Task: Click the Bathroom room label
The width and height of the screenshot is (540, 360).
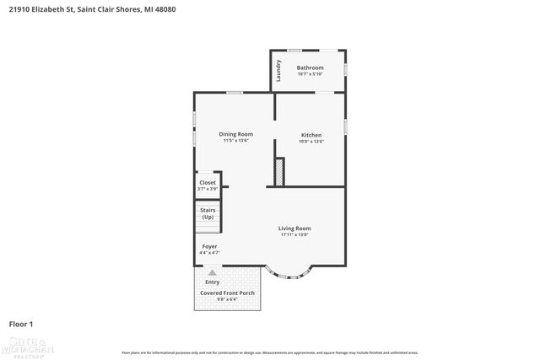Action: (x=310, y=67)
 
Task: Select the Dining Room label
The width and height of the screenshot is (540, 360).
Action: (x=235, y=134)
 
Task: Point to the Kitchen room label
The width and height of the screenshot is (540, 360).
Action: (x=311, y=135)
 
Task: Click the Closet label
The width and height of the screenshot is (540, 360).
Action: (x=207, y=182)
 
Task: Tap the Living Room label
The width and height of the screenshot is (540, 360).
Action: (x=295, y=228)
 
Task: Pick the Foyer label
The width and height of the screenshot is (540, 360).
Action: (x=208, y=246)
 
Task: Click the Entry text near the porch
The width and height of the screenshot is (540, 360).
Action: (x=212, y=282)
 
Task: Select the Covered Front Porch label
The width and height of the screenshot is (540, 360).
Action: (x=227, y=293)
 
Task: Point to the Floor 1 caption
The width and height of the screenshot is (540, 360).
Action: (x=20, y=324)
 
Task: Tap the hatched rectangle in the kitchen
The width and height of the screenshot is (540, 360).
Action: (x=278, y=172)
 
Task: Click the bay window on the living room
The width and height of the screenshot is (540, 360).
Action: (x=288, y=271)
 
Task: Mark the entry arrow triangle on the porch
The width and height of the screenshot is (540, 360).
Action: (x=212, y=273)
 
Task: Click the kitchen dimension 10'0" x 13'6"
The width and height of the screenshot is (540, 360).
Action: (x=311, y=142)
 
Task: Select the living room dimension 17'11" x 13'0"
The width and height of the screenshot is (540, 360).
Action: (x=295, y=234)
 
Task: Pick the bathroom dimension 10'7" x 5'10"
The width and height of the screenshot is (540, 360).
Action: (x=310, y=74)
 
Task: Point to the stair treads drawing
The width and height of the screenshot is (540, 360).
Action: (x=208, y=224)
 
